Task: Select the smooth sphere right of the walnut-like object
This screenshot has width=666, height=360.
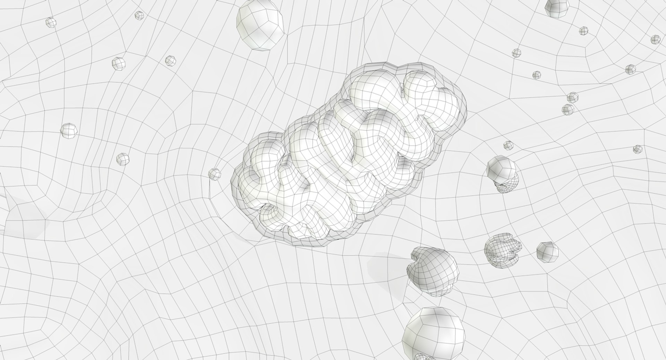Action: coord(547,252)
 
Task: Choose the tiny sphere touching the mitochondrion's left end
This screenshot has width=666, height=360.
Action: coord(214,174)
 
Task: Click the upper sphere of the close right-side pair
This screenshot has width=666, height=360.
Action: coord(572,97)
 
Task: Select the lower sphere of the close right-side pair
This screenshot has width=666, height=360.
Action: coord(568,109)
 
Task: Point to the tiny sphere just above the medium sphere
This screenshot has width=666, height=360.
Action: coord(508,145)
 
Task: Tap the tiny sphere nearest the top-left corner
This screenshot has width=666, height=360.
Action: coord(51,22)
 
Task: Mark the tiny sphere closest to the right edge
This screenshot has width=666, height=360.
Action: coord(655,39)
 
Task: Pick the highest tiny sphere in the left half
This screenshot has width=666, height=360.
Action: coord(139,15)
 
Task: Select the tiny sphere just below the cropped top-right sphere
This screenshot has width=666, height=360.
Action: coord(584,31)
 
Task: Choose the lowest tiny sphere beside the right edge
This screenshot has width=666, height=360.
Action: coord(638,149)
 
